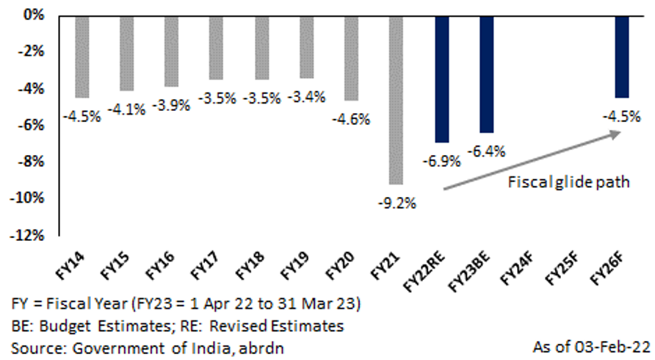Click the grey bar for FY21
(396, 99)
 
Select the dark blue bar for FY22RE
(441, 79)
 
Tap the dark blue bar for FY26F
(622, 57)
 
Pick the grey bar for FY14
(82, 57)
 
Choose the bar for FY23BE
(487, 73)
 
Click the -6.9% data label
(440, 158)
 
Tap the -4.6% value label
(353, 118)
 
